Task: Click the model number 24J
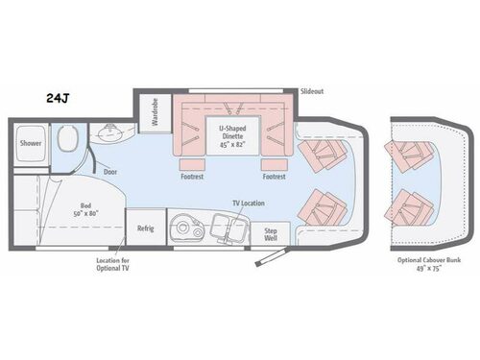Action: [x=55, y=98]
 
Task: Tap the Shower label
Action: [x=29, y=144]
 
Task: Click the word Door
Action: [x=110, y=170]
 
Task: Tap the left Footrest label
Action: [x=191, y=176]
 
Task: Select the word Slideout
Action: [x=312, y=91]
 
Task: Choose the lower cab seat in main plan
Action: [x=321, y=205]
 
